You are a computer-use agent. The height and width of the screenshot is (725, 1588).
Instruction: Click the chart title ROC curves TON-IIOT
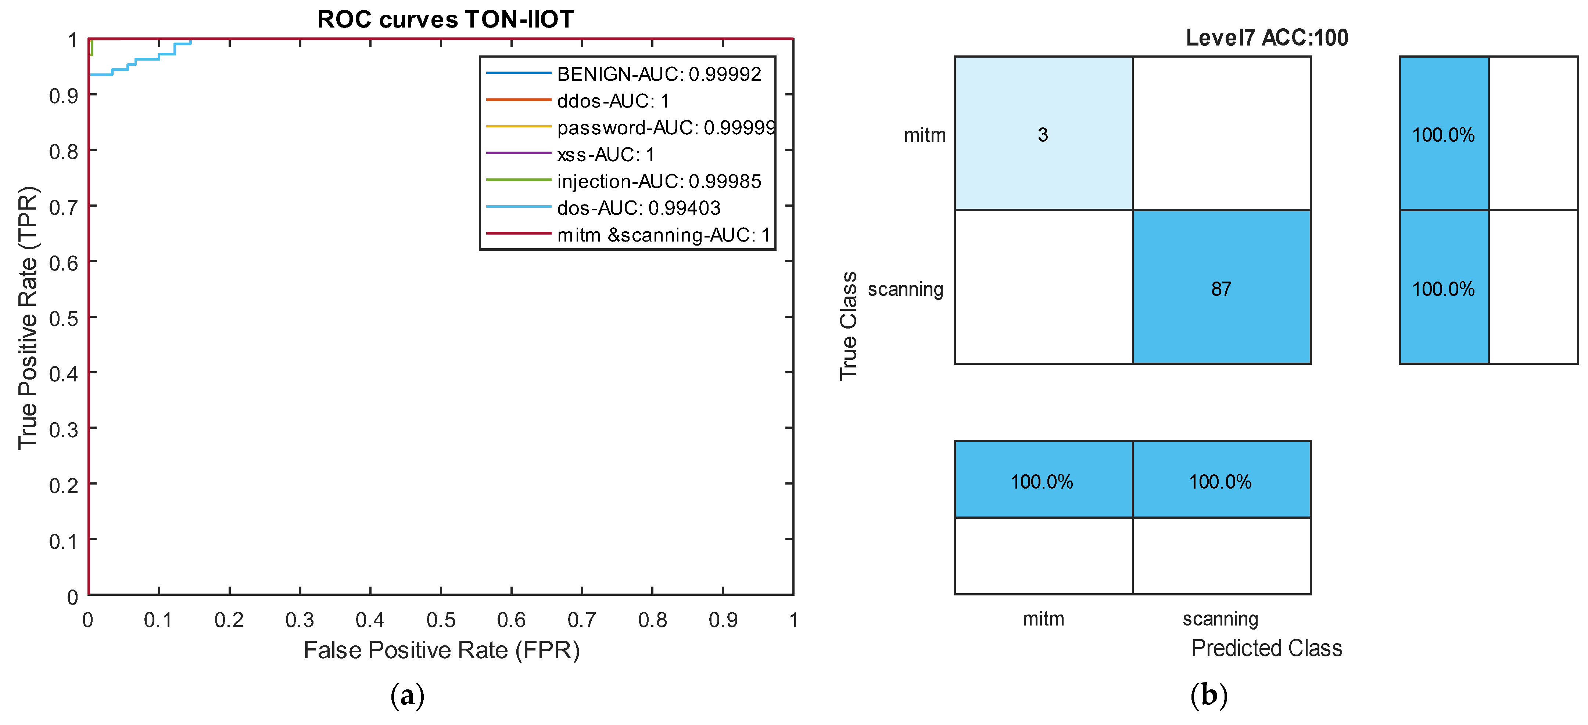click(445, 20)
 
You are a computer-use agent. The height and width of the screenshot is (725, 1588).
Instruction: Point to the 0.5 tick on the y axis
click(64, 319)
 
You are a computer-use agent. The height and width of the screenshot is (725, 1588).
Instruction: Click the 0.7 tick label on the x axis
click(581, 620)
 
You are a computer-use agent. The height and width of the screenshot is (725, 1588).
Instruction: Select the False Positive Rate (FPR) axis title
click(441, 650)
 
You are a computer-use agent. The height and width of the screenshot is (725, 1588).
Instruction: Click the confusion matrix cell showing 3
click(1043, 134)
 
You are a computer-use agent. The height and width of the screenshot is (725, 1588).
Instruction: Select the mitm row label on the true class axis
click(924, 135)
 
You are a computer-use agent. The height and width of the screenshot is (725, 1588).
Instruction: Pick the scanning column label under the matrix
click(1220, 619)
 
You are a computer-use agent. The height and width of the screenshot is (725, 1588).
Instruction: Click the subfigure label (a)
click(408, 695)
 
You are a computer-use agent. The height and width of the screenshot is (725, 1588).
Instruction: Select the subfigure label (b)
click(1208, 695)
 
